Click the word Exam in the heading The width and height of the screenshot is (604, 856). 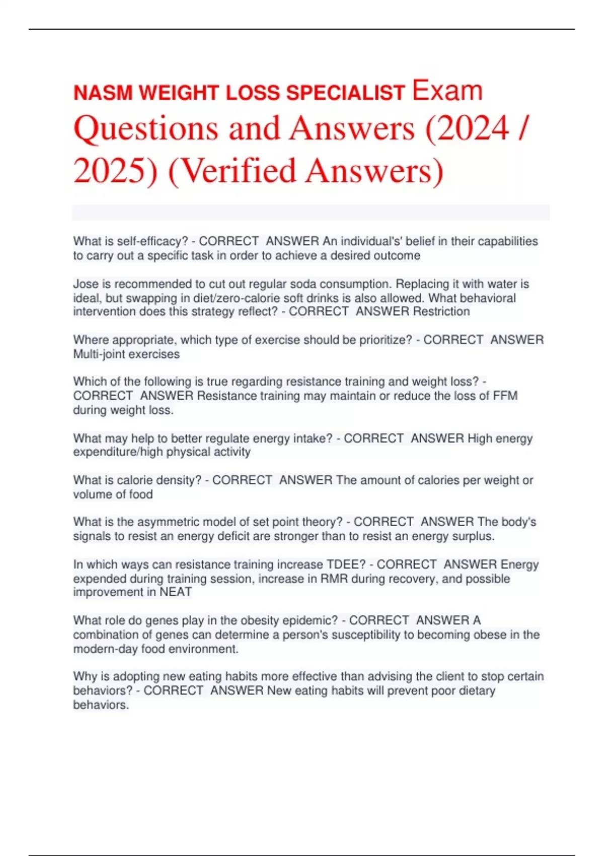(x=447, y=91)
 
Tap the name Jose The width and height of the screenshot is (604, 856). (x=86, y=284)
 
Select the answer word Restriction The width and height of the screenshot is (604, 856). (x=441, y=312)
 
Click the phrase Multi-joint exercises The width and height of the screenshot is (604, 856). (x=126, y=354)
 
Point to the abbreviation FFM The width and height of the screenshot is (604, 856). (x=505, y=396)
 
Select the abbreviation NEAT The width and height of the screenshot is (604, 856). (x=176, y=592)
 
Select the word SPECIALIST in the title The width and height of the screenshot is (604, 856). (x=345, y=93)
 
